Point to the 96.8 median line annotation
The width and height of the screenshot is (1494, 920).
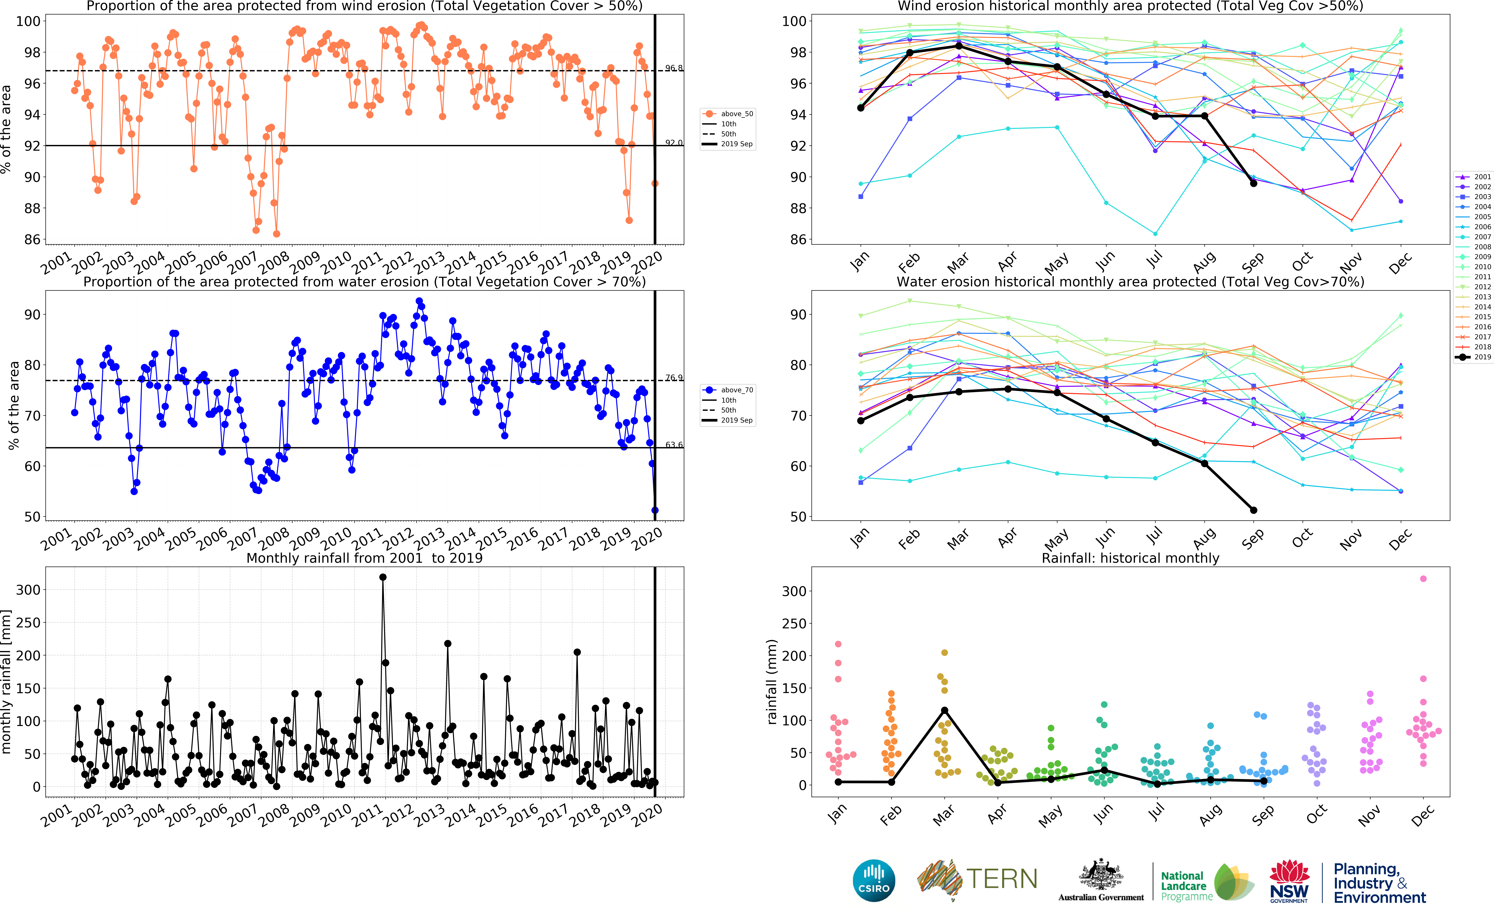[673, 68]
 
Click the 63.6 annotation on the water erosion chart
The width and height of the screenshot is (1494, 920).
[673, 445]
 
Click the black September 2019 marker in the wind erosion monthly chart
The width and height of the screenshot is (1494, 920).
[1253, 183]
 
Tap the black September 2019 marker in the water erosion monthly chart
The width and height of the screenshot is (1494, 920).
[1253, 510]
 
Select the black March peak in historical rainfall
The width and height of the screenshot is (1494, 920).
[944, 710]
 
